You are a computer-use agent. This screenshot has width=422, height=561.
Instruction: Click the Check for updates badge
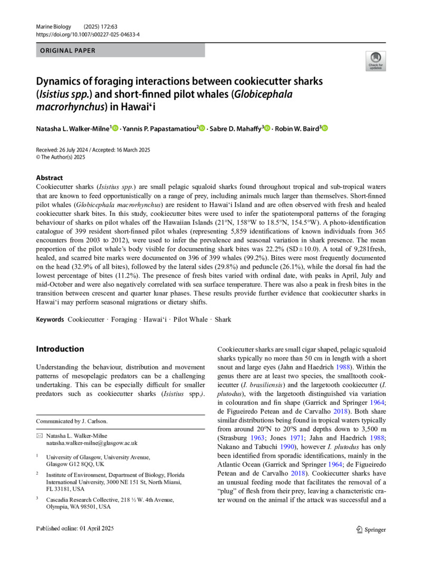375,61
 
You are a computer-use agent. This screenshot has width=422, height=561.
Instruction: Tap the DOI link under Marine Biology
88,34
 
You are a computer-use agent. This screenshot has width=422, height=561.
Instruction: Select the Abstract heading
49,178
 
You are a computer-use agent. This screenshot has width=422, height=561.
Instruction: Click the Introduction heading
60,349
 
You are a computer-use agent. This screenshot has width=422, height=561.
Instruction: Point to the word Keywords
50,319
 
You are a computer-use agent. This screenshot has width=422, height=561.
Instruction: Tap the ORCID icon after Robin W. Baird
324,128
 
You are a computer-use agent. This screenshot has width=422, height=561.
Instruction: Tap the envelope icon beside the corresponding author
39,436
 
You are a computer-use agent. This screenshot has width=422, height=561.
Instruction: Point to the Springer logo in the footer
371,529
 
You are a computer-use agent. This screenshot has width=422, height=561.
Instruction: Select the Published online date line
75,529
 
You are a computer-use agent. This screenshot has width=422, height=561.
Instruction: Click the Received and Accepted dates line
93,150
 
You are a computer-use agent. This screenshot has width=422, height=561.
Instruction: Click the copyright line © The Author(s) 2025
64,157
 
